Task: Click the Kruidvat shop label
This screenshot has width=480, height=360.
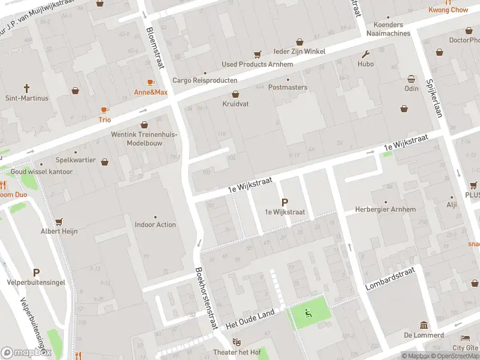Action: [x=235, y=103]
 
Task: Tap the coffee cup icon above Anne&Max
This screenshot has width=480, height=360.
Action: [x=151, y=82]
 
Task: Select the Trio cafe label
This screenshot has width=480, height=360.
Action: [x=105, y=119]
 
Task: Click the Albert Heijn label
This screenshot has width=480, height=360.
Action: [x=59, y=231]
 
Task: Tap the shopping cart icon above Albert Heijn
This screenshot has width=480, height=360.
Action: [x=59, y=221]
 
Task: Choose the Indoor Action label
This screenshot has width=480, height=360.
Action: [x=155, y=224]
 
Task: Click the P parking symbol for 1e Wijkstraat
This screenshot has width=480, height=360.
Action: [x=284, y=203]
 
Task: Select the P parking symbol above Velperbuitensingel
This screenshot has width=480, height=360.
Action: [x=36, y=272]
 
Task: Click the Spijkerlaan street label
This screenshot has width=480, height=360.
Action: [x=434, y=97]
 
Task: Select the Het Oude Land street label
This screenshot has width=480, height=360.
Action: [x=250, y=319]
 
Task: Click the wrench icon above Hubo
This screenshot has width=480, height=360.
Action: [x=365, y=54]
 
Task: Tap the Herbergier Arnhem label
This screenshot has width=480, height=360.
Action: [x=385, y=209]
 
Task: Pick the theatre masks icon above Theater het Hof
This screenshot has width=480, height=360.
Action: [x=236, y=342]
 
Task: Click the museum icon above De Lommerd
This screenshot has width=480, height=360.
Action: [x=424, y=325]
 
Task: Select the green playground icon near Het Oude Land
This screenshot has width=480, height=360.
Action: [x=308, y=312]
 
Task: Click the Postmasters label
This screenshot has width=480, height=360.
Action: [x=288, y=87]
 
